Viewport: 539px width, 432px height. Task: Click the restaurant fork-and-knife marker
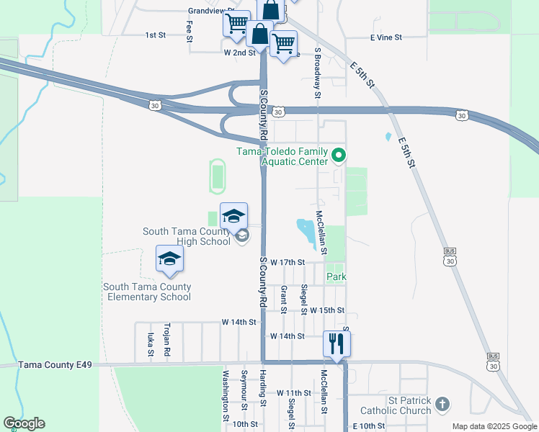pos(337,342)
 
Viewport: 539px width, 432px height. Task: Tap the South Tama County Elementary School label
pos(147,292)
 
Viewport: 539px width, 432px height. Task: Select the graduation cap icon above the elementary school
pos(169,258)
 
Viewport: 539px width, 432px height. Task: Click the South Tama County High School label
pos(187,236)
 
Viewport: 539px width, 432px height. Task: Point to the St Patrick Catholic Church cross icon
pos(442,405)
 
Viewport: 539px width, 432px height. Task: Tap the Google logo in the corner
pos(24,423)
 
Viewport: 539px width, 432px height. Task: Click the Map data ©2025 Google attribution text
pos(494,426)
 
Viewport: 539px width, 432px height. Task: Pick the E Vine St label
pos(386,37)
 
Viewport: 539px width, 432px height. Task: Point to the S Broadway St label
pos(317,73)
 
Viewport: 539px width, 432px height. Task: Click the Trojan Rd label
pos(166,339)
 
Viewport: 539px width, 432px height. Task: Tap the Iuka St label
pos(151,345)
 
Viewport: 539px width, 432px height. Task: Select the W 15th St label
pos(327,310)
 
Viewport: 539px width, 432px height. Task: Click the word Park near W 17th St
pos(337,276)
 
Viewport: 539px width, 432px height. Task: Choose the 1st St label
pos(156,35)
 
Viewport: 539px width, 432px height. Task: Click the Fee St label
pos(190,32)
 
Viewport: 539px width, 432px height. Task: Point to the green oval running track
pos(217,176)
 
